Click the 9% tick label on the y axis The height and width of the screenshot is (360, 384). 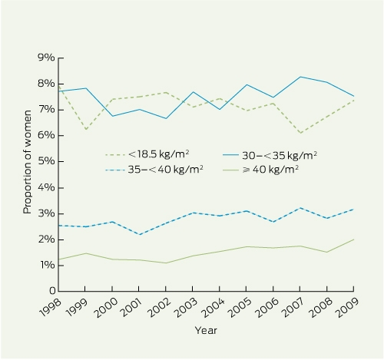tap(46, 58)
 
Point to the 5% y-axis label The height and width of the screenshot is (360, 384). tap(46, 161)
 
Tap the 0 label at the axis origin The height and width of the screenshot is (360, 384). tap(52, 291)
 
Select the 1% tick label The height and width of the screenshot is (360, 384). tap(48, 265)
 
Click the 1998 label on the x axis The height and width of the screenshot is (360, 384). tap(51, 308)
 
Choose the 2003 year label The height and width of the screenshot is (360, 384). tap(186, 308)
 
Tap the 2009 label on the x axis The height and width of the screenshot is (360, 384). tap(347, 308)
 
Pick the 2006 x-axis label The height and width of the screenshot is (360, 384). tap(267, 308)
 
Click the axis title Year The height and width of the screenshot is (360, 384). tap(206, 330)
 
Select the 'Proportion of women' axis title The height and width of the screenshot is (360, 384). tap(27, 162)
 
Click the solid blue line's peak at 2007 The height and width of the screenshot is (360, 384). tap(300, 77)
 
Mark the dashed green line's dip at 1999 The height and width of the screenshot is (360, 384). tap(86, 129)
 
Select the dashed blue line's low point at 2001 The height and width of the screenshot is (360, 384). tap(139, 234)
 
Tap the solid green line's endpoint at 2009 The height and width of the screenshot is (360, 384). tap(353, 239)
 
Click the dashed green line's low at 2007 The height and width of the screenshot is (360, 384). tap(300, 133)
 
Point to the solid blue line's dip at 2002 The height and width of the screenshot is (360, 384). tap(166, 118)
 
